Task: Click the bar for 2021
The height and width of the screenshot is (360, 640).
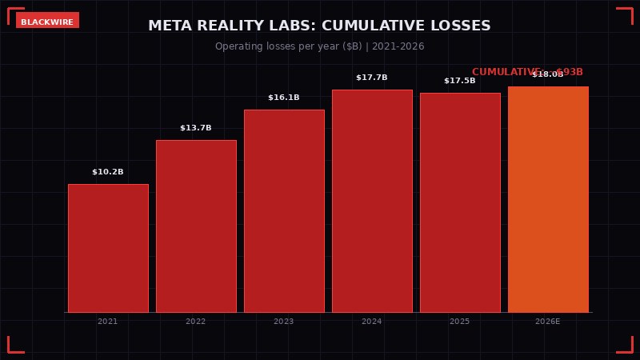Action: pyautogui.click(x=108, y=248)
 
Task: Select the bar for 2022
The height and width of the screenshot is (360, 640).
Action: pyautogui.click(x=196, y=226)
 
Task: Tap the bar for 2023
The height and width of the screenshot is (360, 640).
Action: pyautogui.click(x=284, y=210)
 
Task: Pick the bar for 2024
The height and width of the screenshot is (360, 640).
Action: pyautogui.click(x=372, y=201)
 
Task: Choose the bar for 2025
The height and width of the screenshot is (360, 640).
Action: pyautogui.click(x=460, y=202)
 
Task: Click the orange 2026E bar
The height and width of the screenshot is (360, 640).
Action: pyautogui.click(x=548, y=199)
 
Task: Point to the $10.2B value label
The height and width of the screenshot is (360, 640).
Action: pyautogui.click(x=108, y=172)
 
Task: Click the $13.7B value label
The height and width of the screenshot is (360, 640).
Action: pyautogui.click(x=196, y=128)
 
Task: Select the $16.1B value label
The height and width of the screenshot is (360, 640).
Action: pyautogui.click(x=284, y=98)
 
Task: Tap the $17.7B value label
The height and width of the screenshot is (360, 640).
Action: pyautogui.click(x=372, y=78)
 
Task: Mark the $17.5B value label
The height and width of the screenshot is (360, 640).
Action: pyautogui.click(x=460, y=81)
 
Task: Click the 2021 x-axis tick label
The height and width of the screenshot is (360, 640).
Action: pyautogui.click(x=108, y=322)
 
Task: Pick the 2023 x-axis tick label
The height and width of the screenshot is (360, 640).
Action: pyautogui.click(x=284, y=322)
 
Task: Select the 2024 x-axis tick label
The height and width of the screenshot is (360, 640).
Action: pyautogui.click(x=372, y=322)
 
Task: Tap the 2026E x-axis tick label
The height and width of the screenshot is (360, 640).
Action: pyautogui.click(x=548, y=322)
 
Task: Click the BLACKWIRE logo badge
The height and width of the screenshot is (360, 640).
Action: pyautogui.click(x=47, y=22)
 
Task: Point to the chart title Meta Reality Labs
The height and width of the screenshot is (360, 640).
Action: pyautogui.click(x=320, y=26)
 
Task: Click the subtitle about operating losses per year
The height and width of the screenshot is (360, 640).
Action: pyautogui.click(x=320, y=46)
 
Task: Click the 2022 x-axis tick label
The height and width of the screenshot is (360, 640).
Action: pyautogui.click(x=196, y=322)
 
